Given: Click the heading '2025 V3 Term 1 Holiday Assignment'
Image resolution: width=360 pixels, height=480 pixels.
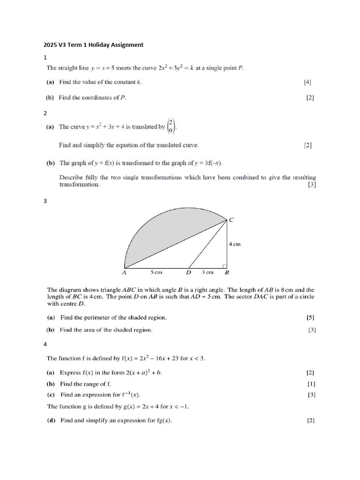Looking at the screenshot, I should (93, 45).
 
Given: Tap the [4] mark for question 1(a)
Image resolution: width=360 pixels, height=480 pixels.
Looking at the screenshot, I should (307, 82).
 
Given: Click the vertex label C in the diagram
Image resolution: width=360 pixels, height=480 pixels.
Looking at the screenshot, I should (231, 220).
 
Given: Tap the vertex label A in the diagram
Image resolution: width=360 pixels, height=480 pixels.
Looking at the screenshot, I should (124, 272).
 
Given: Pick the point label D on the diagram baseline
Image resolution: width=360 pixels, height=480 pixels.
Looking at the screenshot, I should (188, 272).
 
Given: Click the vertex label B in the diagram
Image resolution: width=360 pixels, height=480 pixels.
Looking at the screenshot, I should (227, 272).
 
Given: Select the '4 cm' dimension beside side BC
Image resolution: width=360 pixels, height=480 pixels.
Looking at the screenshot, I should (234, 244).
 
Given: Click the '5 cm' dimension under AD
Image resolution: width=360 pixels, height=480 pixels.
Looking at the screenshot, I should (156, 272).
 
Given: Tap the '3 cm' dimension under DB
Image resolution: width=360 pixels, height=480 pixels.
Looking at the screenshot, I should (207, 272).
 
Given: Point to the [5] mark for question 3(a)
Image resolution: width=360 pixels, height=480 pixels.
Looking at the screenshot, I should (310, 317).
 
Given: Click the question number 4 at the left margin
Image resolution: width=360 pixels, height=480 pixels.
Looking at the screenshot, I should (45, 344).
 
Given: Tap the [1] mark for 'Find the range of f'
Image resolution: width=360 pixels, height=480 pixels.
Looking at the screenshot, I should (311, 384).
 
